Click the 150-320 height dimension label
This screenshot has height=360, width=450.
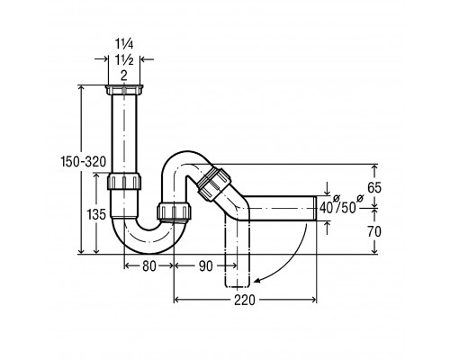(x=84, y=162)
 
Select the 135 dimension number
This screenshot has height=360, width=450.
(x=96, y=214)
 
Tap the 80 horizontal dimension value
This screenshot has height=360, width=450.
(x=149, y=265)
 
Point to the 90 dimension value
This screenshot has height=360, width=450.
(x=206, y=265)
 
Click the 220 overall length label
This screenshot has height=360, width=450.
(x=245, y=300)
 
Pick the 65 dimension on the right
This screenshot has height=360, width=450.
(x=374, y=188)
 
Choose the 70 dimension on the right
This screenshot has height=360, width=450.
(x=374, y=231)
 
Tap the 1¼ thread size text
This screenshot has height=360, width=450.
(x=124, y=44)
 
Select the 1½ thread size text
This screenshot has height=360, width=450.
(x=124, y=60)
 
